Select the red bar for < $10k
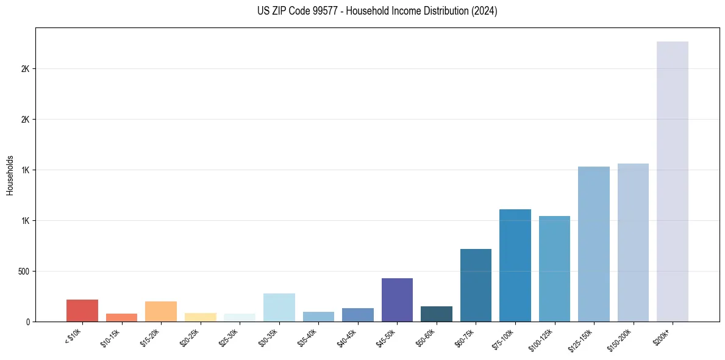(82, 311)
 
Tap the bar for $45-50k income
(397, 300)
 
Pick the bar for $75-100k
(515, 265)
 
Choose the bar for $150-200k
(633, 242)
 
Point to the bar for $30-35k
(279, 308)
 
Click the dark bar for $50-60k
(437, 314)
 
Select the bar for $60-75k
(476, 285)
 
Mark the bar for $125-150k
(594, 244)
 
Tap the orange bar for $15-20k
(161, 311)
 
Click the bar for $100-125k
(554, 268)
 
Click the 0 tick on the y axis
(28, 322)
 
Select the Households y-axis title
(10, 175)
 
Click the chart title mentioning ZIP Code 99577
(377, 11)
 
